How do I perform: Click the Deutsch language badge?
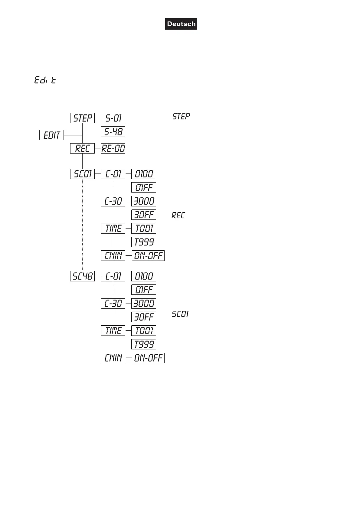pyautogui.click(x=181, y=24)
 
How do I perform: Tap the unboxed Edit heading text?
pyautogui.click(x=45, y=80)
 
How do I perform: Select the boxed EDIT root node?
pyautogui.click(x=52, y=135)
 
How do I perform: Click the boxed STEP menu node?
pyautogui.click(x=82, y=118)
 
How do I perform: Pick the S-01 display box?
pyautogui.click(x=113, y=118)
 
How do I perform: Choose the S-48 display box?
pyautogui.click(x=113, y=132)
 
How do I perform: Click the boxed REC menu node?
pyautogui.click(x=82, y=148)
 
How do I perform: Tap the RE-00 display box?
pyautogui.click(x=113, y=148)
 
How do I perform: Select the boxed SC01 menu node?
pyautogui.click(x=82, y=174)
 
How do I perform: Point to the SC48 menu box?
pyautogui.click(x=82, y=276)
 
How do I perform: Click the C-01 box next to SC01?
pyautogui.click(x=113, y=174)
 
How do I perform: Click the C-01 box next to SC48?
pyautogui.click(x=113, y=276)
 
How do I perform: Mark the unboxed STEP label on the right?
pyautogui.click(x=181, y=116)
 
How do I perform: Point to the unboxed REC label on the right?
pyautogui.click(x=178, y=215)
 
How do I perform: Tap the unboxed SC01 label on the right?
pyautogui.click(x=180, y=314)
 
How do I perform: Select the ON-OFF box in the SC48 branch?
pyautogui.click(x=148, y=358)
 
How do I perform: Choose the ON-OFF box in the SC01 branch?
pyautogui.click(x=148, y=256)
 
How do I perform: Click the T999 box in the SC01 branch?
pyautogui.click(x=144, y=242)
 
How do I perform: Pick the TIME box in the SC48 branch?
pyautogui.click(x=113, y=331)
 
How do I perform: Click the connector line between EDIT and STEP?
pyautogui.click(x=73, y=135)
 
